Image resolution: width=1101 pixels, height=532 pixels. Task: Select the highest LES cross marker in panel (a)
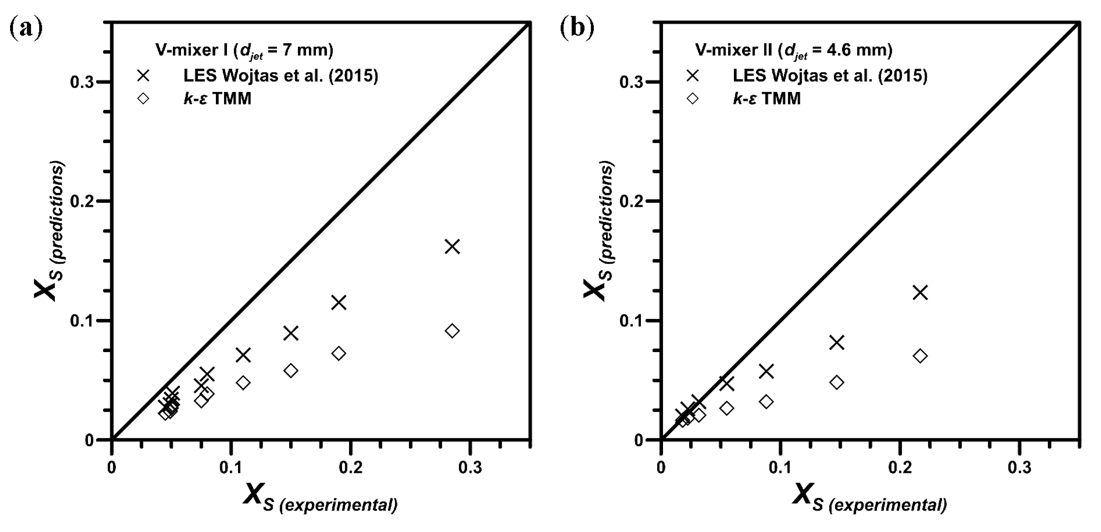coord(452,247)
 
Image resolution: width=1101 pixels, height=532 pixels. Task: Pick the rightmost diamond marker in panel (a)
coord(452,331)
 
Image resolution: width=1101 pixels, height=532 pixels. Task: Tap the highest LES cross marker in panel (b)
coord(920,293)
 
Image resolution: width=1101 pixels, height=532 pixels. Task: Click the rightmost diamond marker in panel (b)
coord(920,356)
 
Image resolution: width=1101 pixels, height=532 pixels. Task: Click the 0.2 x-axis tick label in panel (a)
coord(351,467)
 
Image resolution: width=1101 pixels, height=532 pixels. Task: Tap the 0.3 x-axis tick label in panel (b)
coord(1019,467)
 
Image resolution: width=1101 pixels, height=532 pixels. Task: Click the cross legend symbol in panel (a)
coord(143,76)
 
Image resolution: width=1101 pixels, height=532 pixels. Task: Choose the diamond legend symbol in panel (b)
coord(692,99)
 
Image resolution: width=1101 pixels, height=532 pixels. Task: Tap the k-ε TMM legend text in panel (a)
coord(217,99)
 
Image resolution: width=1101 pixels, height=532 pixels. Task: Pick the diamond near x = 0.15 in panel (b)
coord(837,382)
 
